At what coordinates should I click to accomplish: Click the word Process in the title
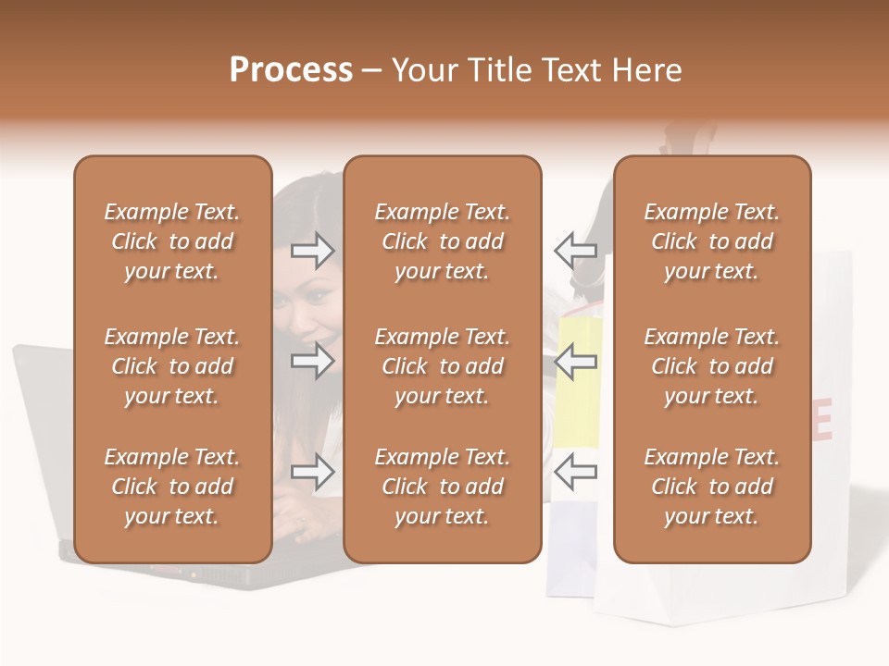(x=291, y=70)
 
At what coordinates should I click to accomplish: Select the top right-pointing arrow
(x=313, y=250)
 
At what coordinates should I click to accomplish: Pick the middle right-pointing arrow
(x=313, y=361)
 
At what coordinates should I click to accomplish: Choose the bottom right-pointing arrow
(x=313, y=473)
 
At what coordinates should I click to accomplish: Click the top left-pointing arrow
(x=576, y=250)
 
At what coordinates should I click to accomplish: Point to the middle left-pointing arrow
(x=576, y=361)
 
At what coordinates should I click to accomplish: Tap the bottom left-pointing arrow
(x=576, y=473)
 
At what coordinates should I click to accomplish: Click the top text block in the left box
(x=172, y=241)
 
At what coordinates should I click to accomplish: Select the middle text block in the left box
(x=172, y=366)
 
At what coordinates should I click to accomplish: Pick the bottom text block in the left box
(x=172, y=487)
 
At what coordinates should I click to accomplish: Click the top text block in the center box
(x=443, y=241)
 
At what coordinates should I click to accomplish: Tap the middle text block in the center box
(x=443, y=366)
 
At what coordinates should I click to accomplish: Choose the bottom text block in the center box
(x=443, y=487)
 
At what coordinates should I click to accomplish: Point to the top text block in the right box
(x=712, y=241)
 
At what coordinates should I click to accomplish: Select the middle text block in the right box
(x=712, y=366)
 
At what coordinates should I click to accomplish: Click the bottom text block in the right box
(x=712, y=487)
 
